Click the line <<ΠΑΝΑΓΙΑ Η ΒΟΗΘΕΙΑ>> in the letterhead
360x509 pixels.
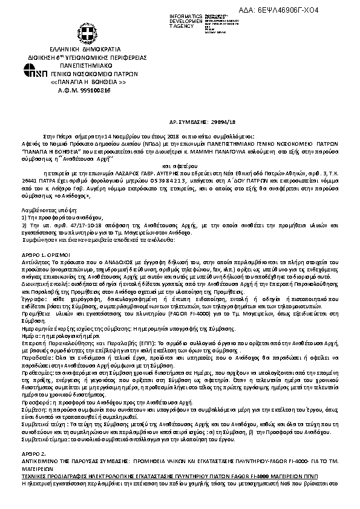click(89, 81)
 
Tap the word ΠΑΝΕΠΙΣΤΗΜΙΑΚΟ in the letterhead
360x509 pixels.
click(89, 62)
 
